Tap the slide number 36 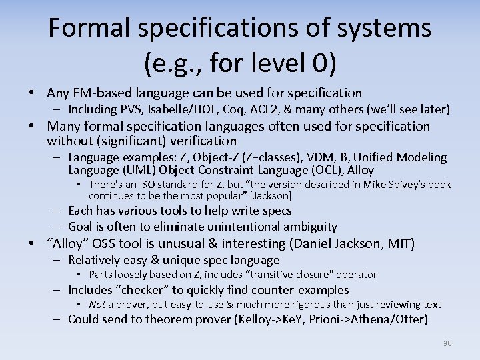point(447,343)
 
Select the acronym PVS point(127,109)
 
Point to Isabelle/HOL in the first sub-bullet point(173,109)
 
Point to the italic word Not point(97,305)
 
